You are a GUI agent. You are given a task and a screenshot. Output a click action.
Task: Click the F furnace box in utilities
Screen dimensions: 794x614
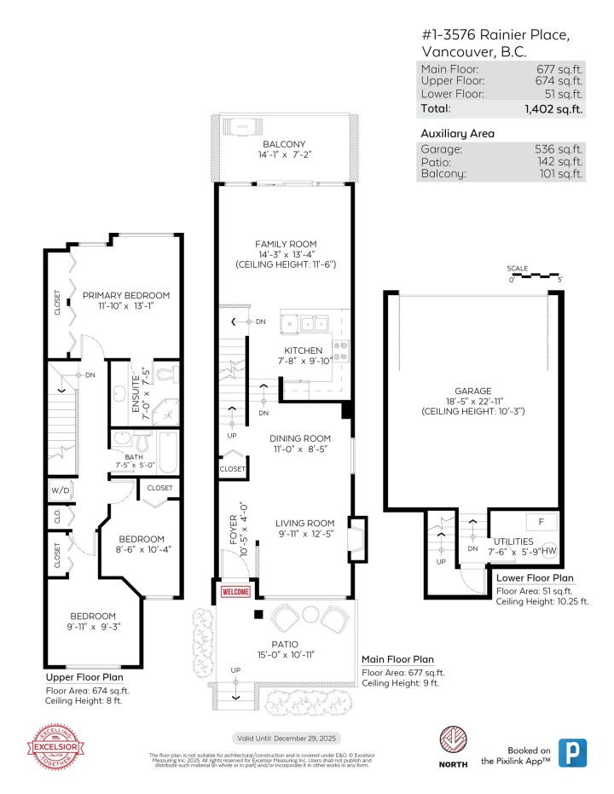pos(541,521)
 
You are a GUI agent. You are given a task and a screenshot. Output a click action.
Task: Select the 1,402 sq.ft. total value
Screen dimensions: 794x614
pos(554,108)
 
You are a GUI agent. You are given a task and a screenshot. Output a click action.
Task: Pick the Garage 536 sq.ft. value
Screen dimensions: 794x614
pos(561,148)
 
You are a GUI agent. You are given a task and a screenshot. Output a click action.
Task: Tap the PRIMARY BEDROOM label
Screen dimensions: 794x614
pos(126,295)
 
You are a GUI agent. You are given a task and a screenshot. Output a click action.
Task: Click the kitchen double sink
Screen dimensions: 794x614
pos(309,323)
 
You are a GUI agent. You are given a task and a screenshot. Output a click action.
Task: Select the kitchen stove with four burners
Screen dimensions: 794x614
pos(340,350)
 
